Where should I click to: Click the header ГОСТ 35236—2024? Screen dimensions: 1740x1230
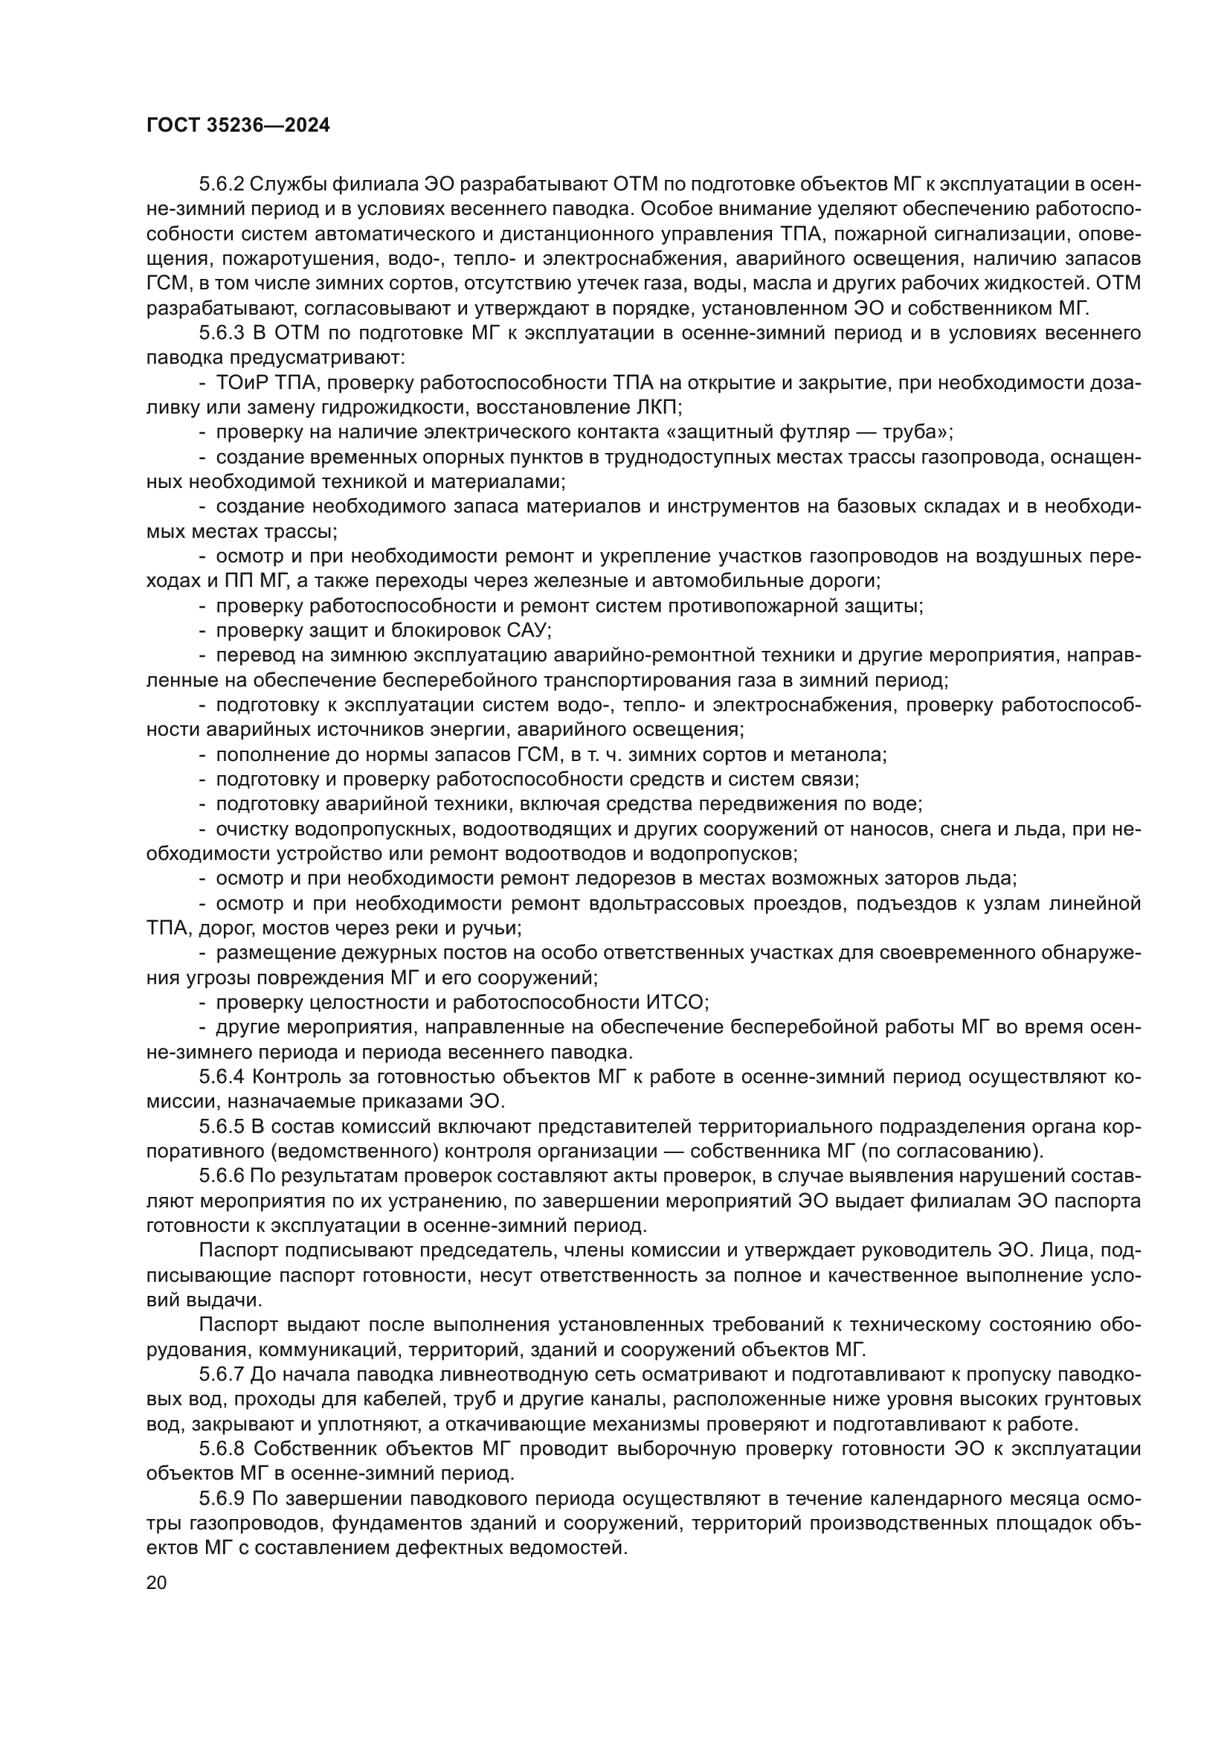237,126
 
